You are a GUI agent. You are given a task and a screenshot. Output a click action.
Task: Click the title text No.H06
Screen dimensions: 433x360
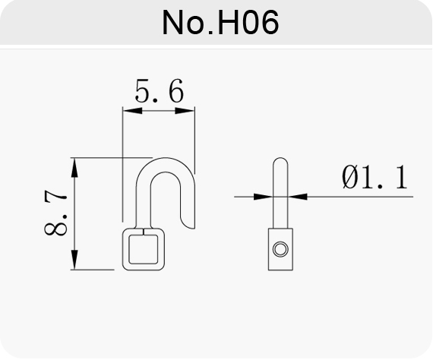(x=220, y=22)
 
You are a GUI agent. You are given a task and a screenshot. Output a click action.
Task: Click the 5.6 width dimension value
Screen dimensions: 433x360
(x=160, y=90)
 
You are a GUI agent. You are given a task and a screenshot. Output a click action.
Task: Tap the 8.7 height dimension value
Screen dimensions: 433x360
(x=55, y=213)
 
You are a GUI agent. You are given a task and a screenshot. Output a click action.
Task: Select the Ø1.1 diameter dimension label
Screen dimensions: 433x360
(x=375, y=177)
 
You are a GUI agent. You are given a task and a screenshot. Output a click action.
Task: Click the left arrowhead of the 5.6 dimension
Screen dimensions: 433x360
(x=132, y=111)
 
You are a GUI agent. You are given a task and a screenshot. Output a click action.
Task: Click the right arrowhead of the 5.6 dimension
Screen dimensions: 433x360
(x=185, y=111)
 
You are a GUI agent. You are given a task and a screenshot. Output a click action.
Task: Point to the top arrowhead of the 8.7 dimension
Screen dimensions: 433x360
(x=74, y=167)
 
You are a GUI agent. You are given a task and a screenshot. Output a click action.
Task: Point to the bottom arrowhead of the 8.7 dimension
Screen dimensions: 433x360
(x=74, y=260)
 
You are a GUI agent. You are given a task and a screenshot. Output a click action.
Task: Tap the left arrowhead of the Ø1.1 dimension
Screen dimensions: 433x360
(x=263, y=197)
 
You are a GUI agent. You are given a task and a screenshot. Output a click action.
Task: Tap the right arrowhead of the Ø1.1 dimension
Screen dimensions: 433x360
(x=298, y=197)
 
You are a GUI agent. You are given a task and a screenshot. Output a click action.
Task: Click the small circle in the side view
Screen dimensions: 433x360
(x=280, y=249)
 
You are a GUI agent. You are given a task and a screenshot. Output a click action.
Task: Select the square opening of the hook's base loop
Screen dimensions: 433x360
(x=144, y=249)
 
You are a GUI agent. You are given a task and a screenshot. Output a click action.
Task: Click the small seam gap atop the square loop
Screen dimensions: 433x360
(x=144, y=232)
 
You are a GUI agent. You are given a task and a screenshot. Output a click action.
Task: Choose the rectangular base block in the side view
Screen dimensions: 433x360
(x=280, y=249)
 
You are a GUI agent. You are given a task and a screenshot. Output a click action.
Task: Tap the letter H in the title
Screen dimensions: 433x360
(x=229, y=23)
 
